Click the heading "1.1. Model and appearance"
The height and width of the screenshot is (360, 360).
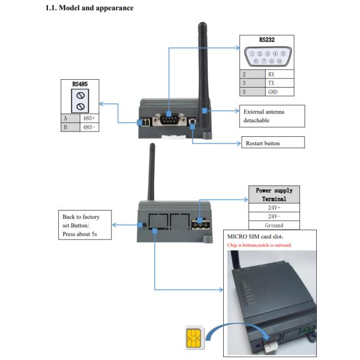click(89, 8)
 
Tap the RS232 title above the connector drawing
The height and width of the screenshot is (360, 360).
click(267, 39)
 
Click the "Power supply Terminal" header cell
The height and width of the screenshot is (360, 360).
click(274, 194)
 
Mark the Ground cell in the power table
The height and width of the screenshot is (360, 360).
click(274, 226)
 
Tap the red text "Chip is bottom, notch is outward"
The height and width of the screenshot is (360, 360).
click(259, 245)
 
